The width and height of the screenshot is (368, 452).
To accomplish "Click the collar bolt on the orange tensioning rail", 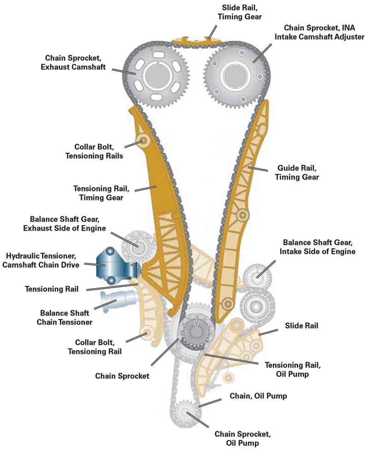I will tap(144, 139).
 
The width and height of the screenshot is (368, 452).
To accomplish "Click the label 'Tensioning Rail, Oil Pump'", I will tap(292, 370).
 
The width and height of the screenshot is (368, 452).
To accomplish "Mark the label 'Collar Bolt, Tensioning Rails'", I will tap(98, 151).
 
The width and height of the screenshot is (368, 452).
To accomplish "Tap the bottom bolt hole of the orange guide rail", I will tap(225, 303).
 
